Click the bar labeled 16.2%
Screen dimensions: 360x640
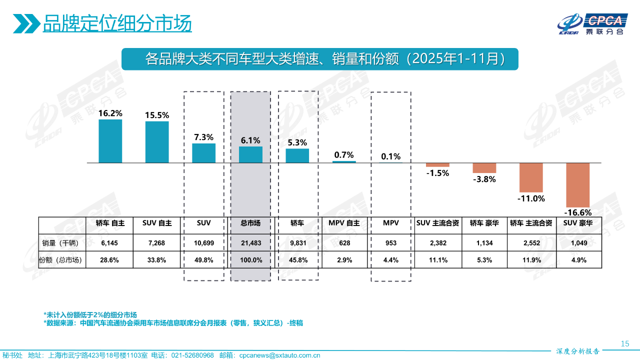(110, 141)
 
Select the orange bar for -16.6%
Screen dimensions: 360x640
(577, 185)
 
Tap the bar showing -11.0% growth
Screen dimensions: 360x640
(531, 177)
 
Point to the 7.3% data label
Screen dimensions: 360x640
(203, 137)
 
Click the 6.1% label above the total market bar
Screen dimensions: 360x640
(250, 140)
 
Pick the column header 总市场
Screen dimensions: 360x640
(250, 223)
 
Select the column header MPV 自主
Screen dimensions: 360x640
(344, 223)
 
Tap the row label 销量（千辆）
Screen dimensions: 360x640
(62, 243)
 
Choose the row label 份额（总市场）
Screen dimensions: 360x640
(62, 260)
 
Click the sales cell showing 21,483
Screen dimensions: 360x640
(250, 243)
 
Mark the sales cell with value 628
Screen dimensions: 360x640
(344, 243)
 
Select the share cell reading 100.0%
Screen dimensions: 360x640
(250, 260)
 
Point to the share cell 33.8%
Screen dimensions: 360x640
(157, 260)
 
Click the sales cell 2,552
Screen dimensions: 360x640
(531, 243)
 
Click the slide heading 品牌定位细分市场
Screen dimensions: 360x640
(117, 23)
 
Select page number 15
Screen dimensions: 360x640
(624, 343)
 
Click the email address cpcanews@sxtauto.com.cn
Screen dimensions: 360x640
(279, 355)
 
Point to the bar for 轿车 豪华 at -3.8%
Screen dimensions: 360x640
(484, 168)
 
